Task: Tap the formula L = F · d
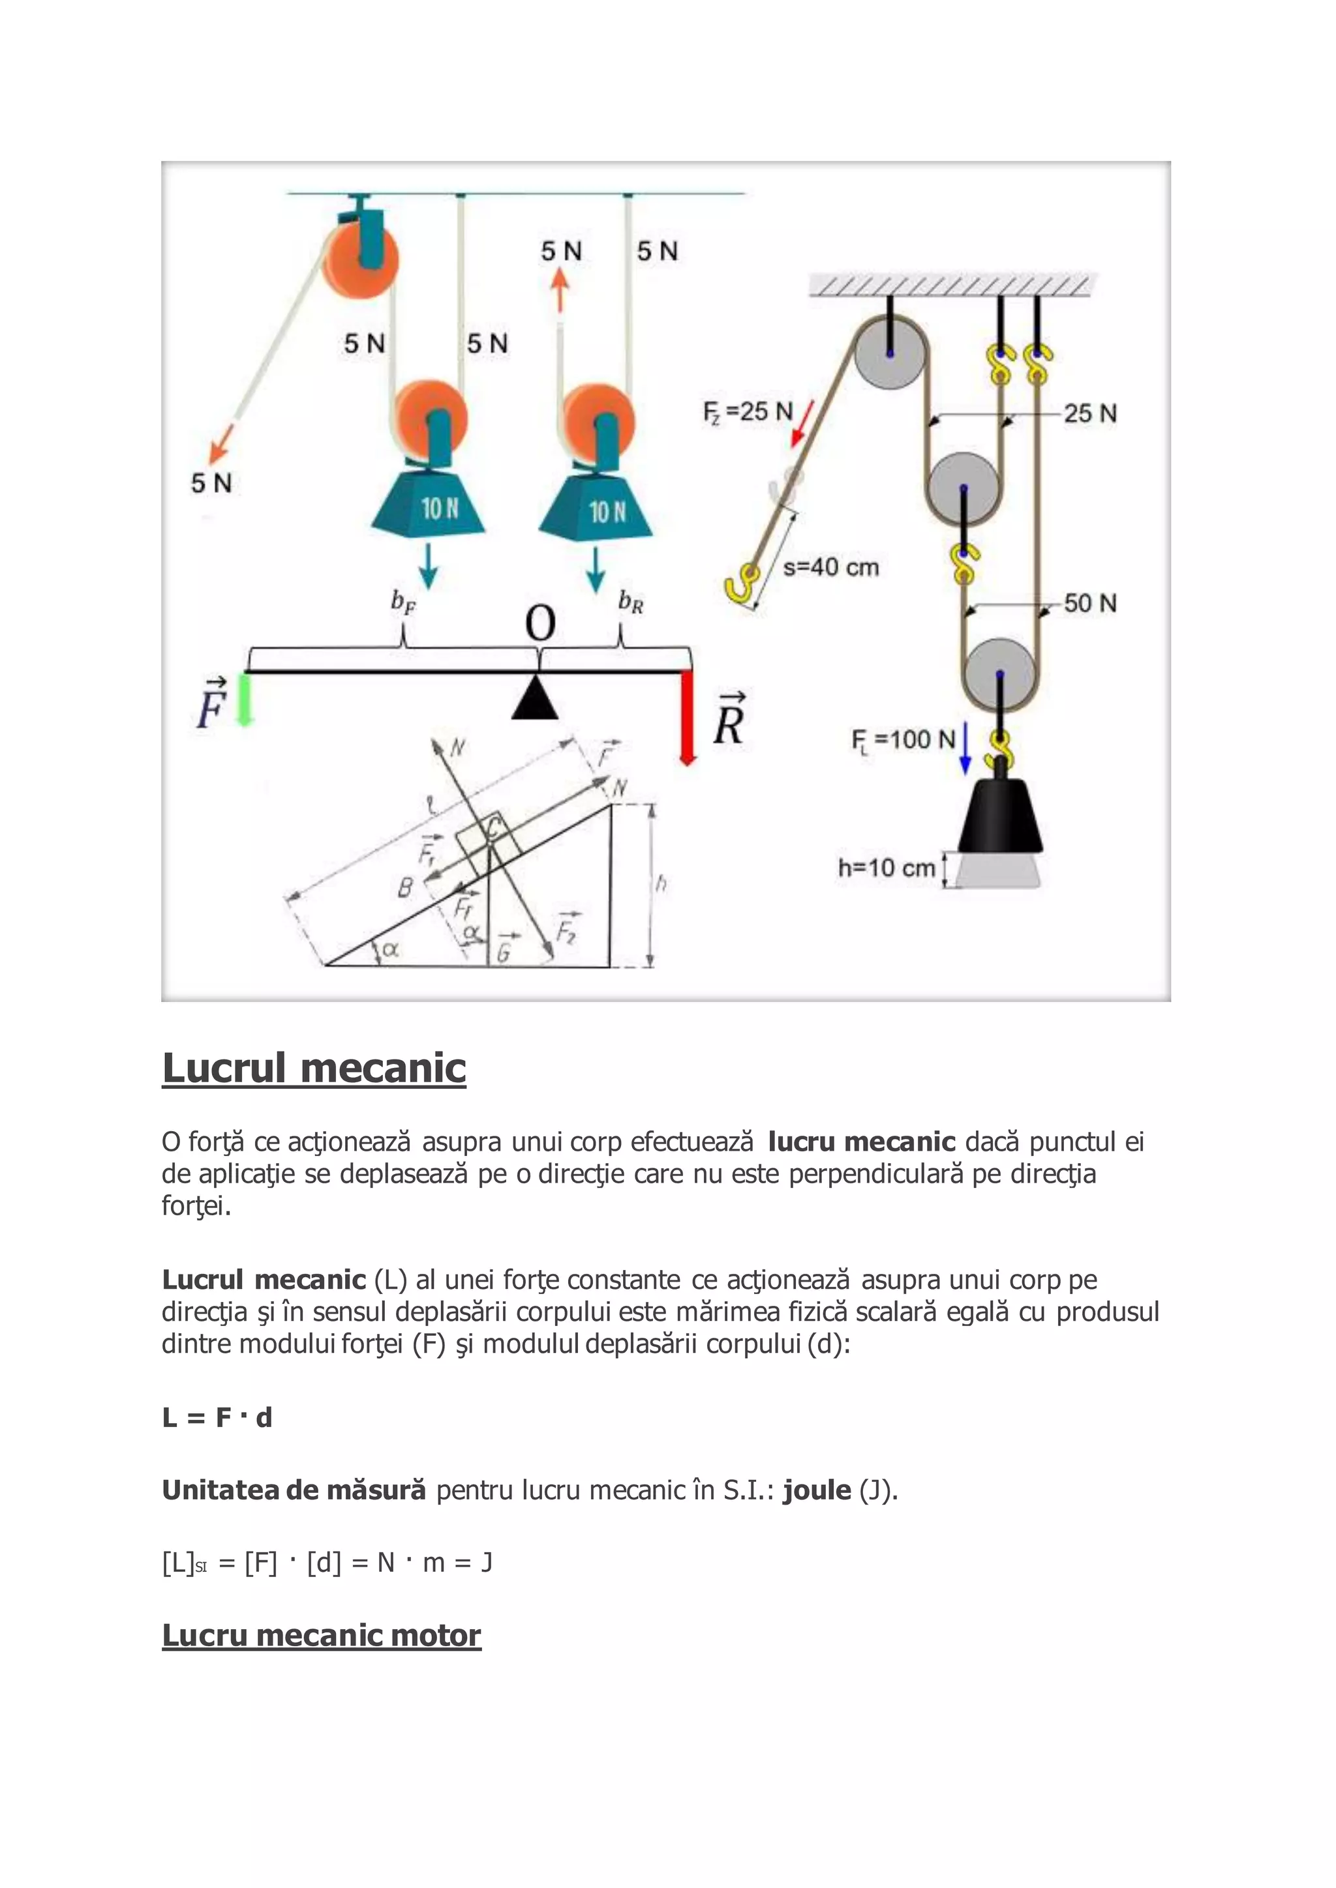(217, 1418)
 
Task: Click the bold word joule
(816, 1490)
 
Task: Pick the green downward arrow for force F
(243, 700)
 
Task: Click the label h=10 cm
(886, 868)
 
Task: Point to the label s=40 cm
(831, 567)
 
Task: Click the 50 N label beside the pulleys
(1090, 604)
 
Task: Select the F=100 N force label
(902, 740)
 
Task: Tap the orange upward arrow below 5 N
(560, 291)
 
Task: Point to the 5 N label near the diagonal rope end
(211, 484)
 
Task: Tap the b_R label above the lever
(631, 603)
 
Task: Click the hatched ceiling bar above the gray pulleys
(950, 286)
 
